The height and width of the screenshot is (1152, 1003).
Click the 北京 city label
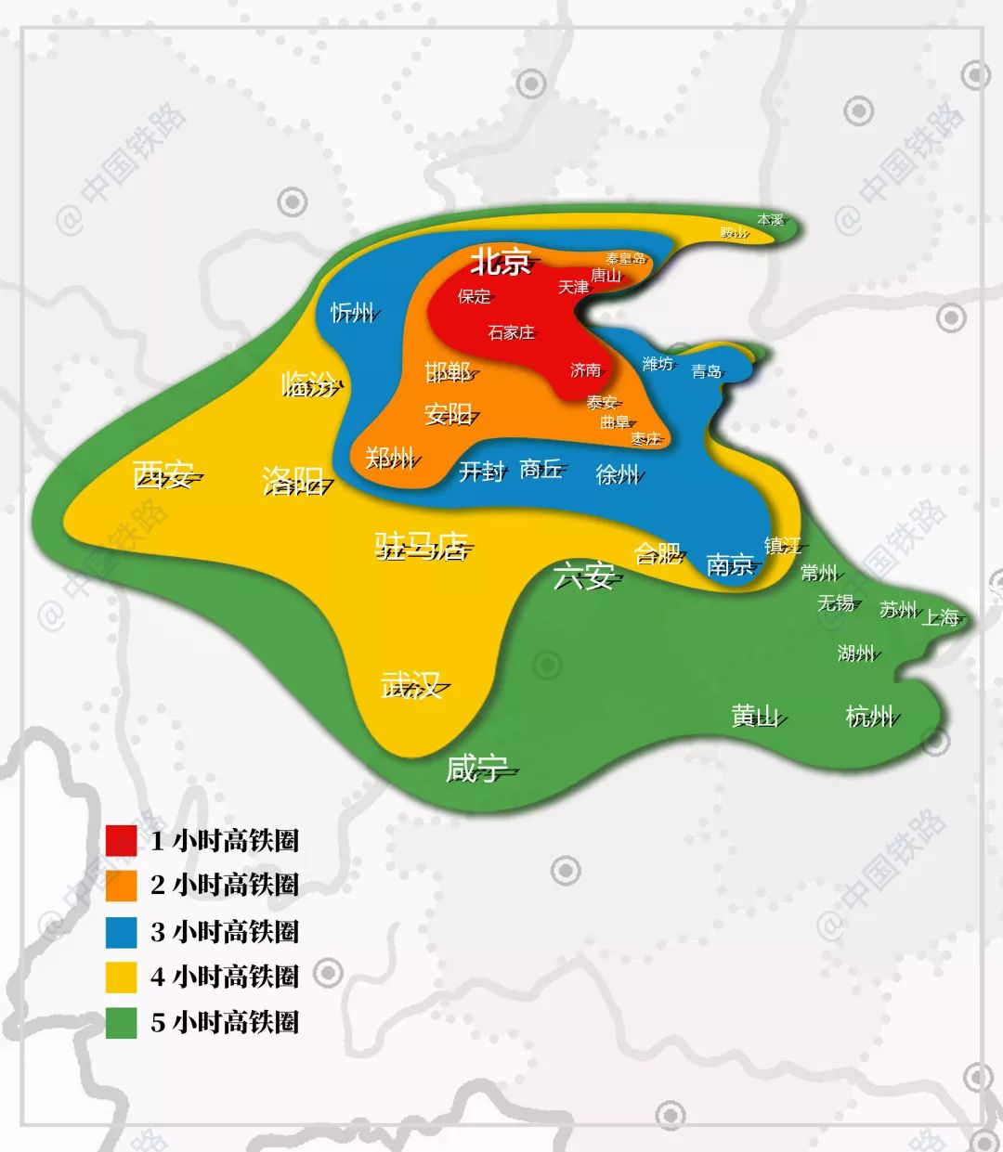[501, 262]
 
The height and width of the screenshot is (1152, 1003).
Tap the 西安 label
[163, 476]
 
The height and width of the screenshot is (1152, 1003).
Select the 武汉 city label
[410, 686]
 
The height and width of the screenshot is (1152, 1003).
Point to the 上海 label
[940, 617]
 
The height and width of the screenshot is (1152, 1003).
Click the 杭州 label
[869, 716]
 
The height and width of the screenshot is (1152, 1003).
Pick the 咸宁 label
[476, 769]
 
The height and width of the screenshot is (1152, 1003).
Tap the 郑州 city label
[389, 458]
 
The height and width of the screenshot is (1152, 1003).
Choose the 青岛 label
[707, 371]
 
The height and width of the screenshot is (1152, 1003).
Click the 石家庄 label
[512, 332]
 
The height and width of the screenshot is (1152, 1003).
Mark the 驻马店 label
[421, 546]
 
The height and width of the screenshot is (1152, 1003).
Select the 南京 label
[730, 564]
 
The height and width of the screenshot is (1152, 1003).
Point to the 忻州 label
[353, 312]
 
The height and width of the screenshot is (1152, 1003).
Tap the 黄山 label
[755, 716]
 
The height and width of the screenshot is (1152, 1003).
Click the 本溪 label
[771, 220]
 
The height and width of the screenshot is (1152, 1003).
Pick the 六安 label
[584, 576]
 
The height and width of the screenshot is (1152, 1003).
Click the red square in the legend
[122, 840]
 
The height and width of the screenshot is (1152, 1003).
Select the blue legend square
[122, 931]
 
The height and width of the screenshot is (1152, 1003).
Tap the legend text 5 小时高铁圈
[225, 1022]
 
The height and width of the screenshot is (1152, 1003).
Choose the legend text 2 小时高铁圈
[225, 885]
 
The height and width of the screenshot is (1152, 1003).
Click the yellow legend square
[122, 977]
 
